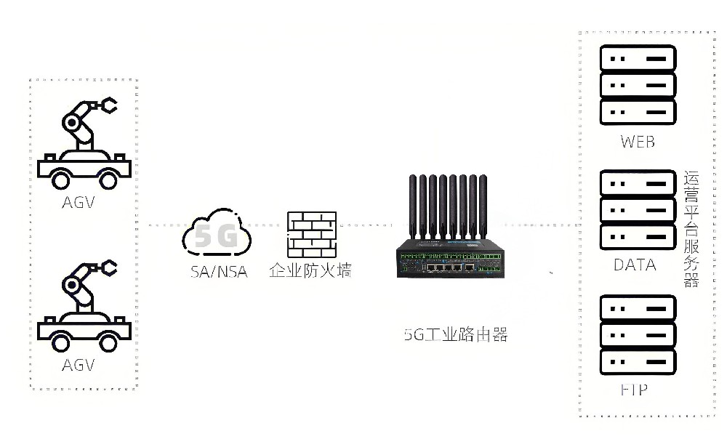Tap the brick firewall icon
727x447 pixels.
tap(312, 235)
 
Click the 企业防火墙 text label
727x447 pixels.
tap(310, 273)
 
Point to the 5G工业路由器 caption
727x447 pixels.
tap(456, 335)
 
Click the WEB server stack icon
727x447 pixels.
tap(638, 85)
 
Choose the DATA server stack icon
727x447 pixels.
tap(638, 209)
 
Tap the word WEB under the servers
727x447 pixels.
tap(638, 141)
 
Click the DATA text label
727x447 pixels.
tap(635, 265)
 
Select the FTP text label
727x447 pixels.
tap(634, 390)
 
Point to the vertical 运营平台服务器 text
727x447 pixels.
tap(691, 229)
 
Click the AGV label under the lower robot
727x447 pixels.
tap(79, 364)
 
